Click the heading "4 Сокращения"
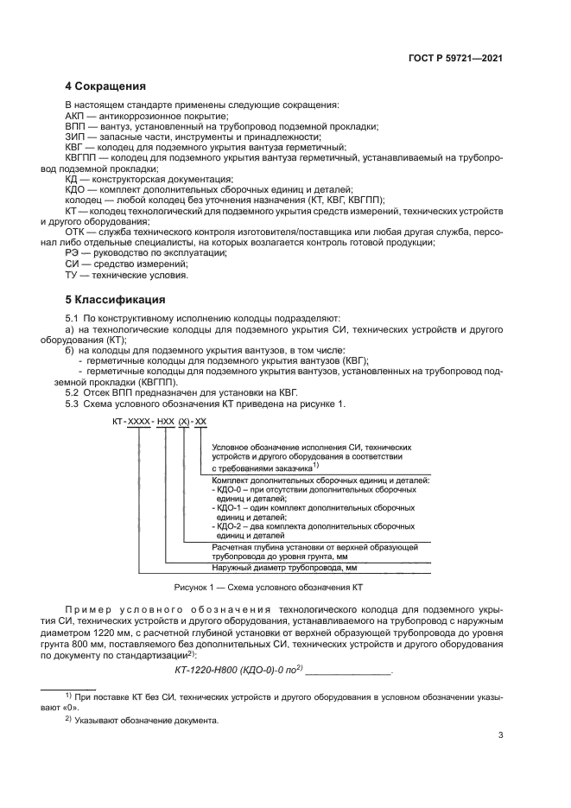pyautogui.click(x=105, y=86)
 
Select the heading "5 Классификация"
pyautogui.click(x=116, y=301)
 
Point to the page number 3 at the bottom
pyautogui.click(x=501, y=736)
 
